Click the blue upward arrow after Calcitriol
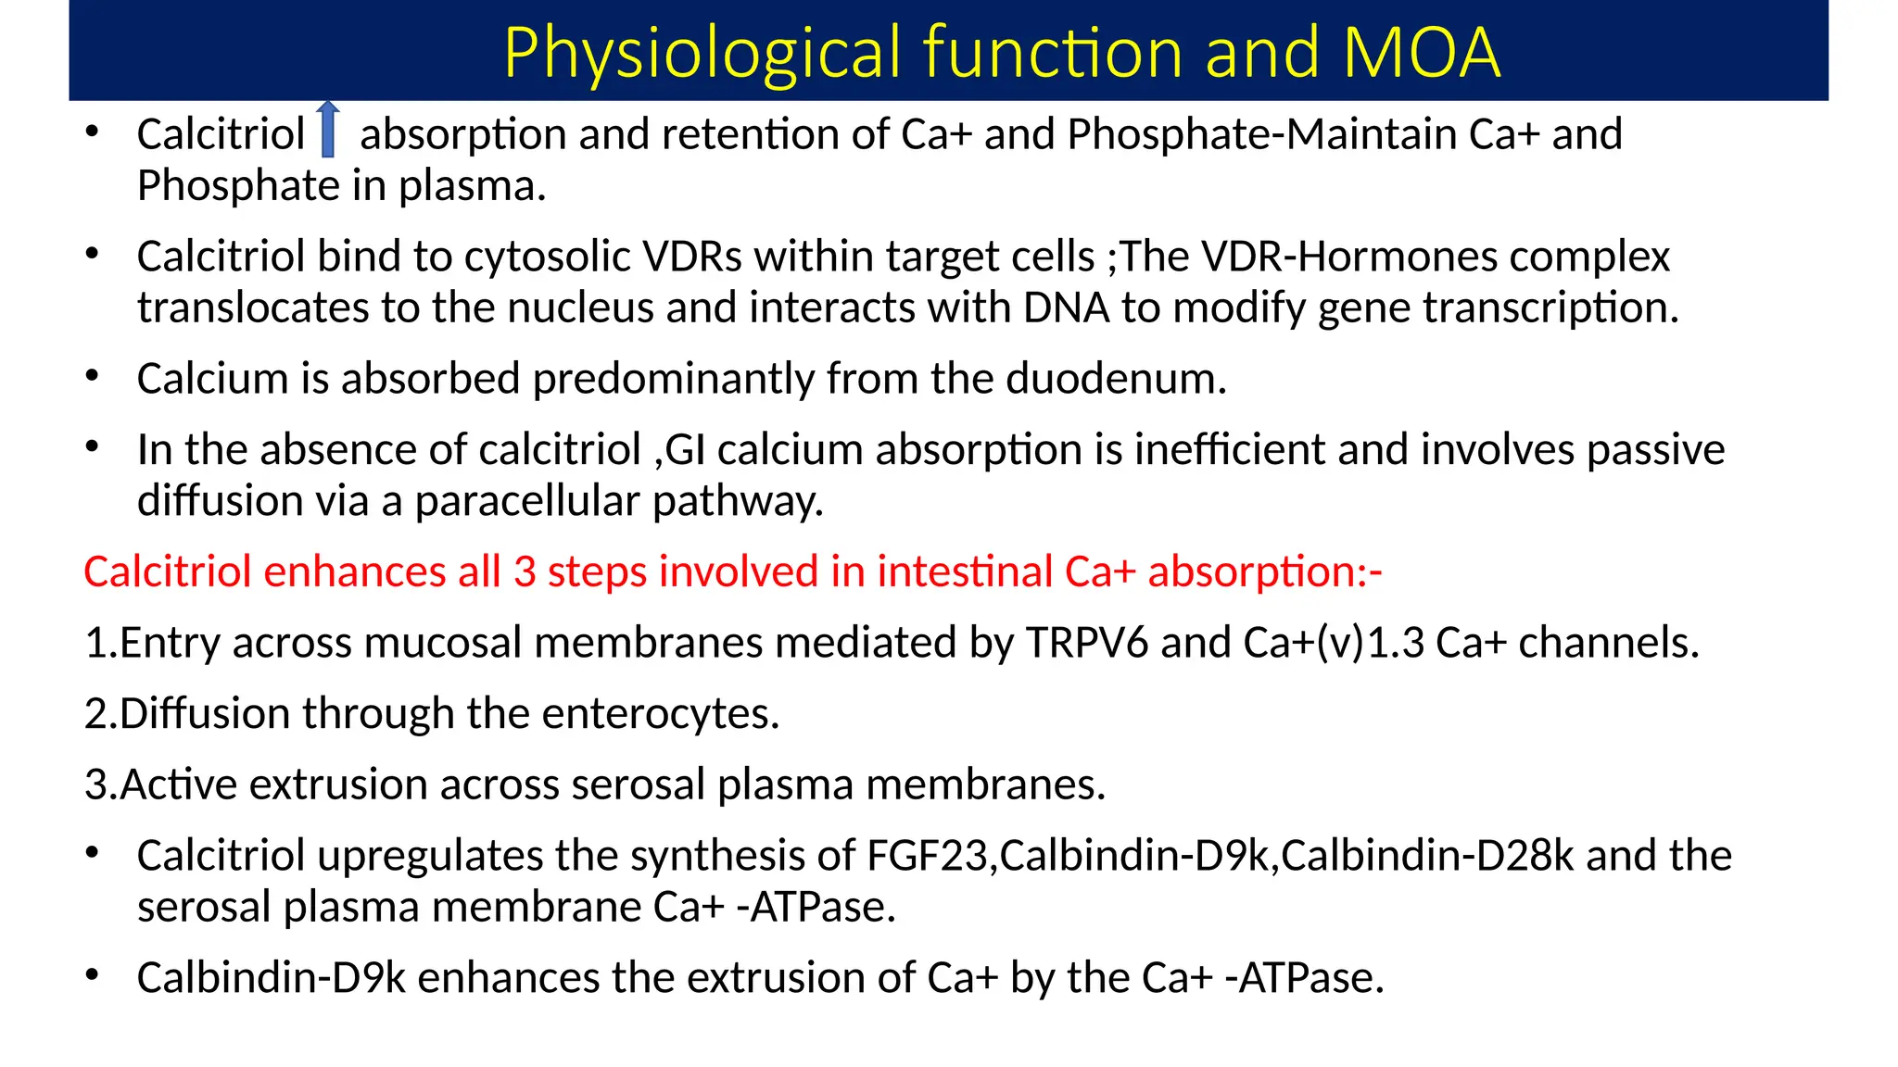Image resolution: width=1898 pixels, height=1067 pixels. coord(327,131)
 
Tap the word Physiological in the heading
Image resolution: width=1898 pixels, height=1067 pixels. coord(704,52)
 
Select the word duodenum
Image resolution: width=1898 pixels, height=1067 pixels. coord(1116,379)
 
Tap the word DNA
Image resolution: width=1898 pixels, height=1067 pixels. coord(1066,308)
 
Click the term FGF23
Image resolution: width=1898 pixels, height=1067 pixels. coord(927,856)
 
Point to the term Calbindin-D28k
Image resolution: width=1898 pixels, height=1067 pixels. coord(1427,856)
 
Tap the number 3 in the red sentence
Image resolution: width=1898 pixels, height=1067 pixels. coord(525,571)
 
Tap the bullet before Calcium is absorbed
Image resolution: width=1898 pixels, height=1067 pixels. coord(92,376)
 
